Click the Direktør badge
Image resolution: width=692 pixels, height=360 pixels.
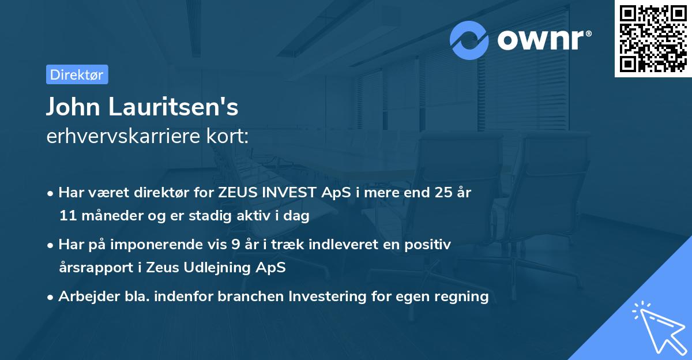(77, 74)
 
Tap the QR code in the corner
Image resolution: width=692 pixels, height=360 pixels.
(652, 39)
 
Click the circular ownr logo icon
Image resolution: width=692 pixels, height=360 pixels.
(469, 40)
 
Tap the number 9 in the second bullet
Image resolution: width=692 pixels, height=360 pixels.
(235, 245)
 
